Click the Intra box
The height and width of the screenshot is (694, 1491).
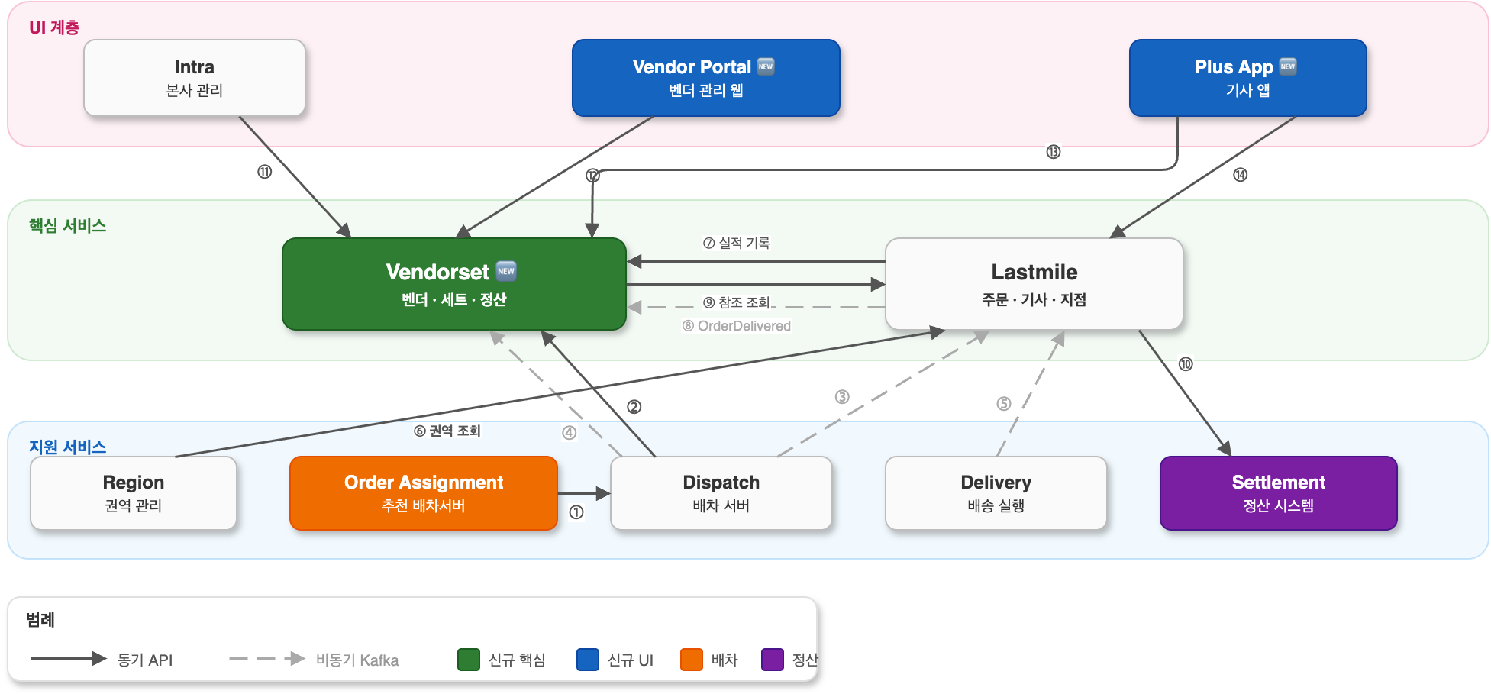[194, 78]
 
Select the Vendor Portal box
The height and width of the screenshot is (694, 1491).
[705, 78]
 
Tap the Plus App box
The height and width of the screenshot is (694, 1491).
[1247, 78]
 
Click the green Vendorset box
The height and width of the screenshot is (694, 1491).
[453, 284]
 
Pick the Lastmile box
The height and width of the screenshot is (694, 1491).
[1034, 284]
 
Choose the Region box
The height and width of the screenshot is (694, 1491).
[133, 493]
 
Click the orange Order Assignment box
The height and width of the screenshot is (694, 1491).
[423, 493]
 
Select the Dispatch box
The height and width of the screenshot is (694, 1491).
[721, 493]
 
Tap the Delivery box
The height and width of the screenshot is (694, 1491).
[996, 493]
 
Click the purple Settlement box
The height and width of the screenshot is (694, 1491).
[1278, 493]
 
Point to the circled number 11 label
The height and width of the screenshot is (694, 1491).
[264, 172]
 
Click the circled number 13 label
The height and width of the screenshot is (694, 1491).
[1054, 152]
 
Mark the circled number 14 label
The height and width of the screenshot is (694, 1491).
[1240, 175]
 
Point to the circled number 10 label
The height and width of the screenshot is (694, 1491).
[1185, 364]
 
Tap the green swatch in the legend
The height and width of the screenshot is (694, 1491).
[468, 660]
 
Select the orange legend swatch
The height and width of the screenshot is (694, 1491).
[691, 660]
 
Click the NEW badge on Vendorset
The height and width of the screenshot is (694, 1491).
[506, 271]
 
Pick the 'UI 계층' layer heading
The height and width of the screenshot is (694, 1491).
[54, 27]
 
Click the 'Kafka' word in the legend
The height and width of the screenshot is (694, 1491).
[379, 660]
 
